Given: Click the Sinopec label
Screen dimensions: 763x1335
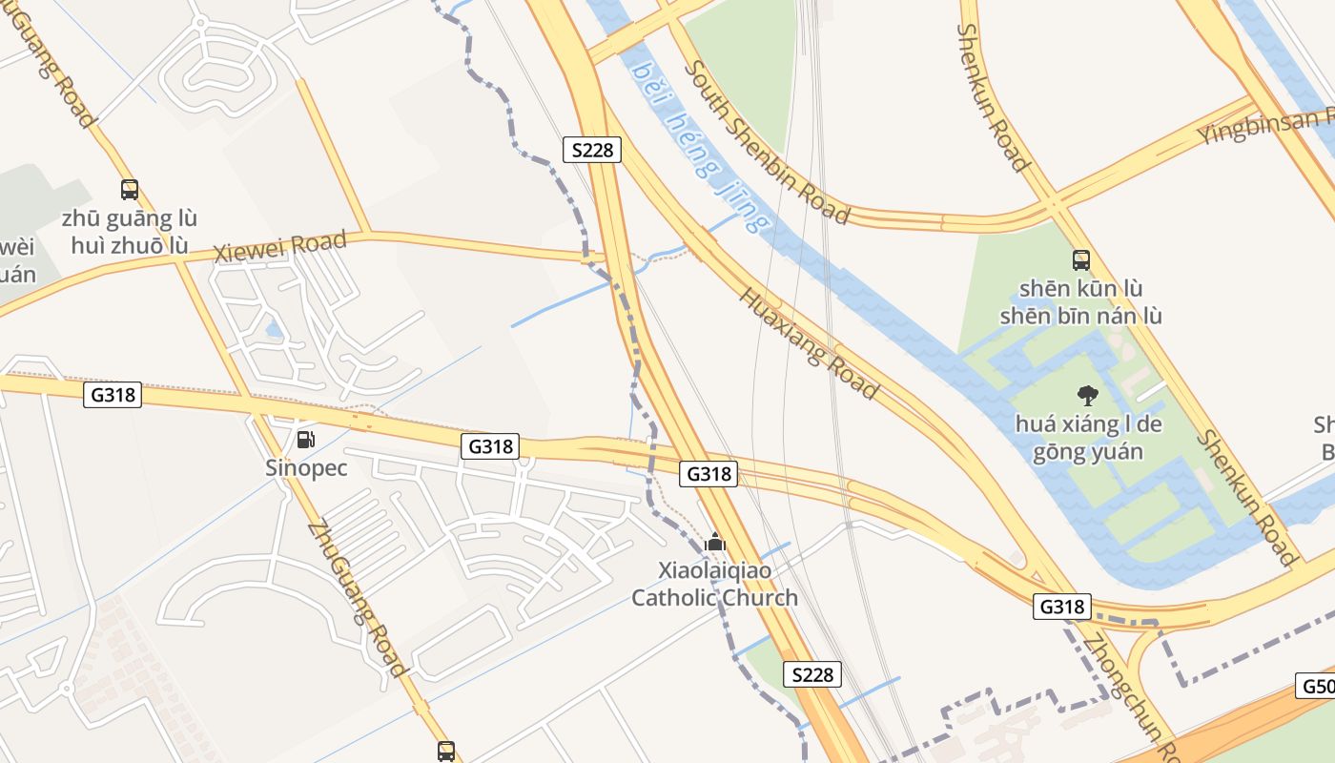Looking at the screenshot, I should (x=306, y=468).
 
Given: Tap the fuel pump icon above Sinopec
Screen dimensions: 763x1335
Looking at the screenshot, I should (x=306, y=440).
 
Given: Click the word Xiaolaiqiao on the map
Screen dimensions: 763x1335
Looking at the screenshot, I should (x=715, y=570).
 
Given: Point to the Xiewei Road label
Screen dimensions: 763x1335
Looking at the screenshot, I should (x=279, y=247).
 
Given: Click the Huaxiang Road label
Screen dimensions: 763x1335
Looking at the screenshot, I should (x=808, y=341).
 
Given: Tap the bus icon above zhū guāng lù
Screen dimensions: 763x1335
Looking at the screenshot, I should (x=130, y=190).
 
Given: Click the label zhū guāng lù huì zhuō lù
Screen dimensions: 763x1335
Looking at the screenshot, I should (x=130, y=232).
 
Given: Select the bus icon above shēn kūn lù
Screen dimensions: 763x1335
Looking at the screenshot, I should (x=1081, y=259).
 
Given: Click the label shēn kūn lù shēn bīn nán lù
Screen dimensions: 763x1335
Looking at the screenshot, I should (x=1080, y=301).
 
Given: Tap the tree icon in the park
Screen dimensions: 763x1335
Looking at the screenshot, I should (x=1087, y=395).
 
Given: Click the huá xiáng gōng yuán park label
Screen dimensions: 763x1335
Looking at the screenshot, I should (x=1088, y=438).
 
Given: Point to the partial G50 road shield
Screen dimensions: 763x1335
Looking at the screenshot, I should (x=1316, y=686).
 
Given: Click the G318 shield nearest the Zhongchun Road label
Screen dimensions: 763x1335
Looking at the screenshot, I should (x=1061, y=607).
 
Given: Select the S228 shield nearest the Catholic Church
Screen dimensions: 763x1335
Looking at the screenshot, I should (x=813, y=674).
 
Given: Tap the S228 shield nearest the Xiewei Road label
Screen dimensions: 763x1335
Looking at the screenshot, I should (x=592, y=150).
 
